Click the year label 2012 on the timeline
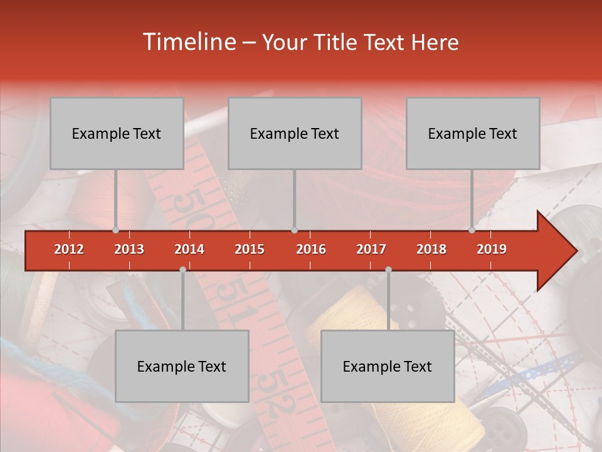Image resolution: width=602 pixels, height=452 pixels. point(69,249)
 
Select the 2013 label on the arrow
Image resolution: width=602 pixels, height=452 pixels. point(129,249)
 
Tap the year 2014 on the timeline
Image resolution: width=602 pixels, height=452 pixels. point(189,249)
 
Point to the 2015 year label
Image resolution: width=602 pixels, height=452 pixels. point(250,249)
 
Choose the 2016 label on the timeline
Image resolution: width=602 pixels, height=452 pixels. point(311,249)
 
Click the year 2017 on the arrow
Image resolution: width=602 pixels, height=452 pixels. point(371,249)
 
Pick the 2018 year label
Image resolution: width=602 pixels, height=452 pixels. point(431,249)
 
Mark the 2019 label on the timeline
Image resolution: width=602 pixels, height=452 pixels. point(492,249)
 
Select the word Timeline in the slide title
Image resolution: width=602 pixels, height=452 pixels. point(187,42)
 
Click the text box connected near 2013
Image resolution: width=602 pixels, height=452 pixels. point(117,133)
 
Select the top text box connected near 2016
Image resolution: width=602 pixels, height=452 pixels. point(295,133)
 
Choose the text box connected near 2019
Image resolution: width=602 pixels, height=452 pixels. point(473,133)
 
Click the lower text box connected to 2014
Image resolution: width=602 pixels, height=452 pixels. point(182,366)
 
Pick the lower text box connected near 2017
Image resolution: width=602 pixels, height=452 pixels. point(388,366)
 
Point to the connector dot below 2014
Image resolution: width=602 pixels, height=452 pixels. point(182,269)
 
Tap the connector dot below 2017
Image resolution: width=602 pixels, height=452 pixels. point(388,269)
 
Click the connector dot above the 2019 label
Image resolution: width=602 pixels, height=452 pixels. point(472,230)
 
